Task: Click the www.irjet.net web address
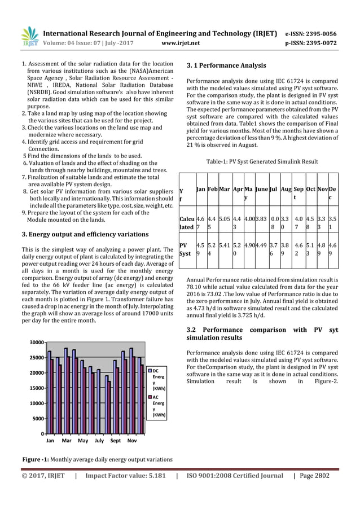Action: pyautogui.click(x=180, y=42)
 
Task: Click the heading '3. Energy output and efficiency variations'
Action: pyautogui.click(x=85, y=234)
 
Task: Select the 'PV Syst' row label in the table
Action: pyautogui.click(x=184, y=250)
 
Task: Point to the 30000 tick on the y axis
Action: pyautogui.click(x=37, y=343)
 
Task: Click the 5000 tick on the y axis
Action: pyautogui.click(x=38, y=419)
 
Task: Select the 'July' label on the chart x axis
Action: pyautogui.click(x=99, y=440)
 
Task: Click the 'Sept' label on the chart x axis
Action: pyautogui.click(x=116, y=440)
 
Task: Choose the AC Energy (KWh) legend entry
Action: pyautogui.click(x=158, y=406)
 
